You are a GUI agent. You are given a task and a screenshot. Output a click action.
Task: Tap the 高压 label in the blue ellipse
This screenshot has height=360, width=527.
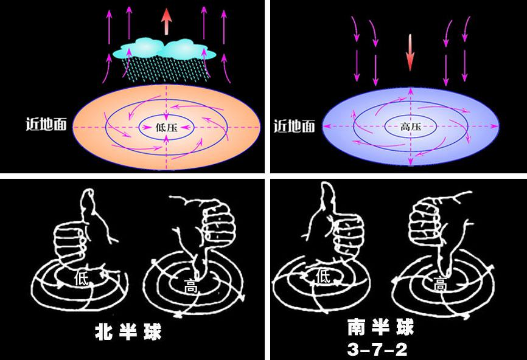tap(410, 128)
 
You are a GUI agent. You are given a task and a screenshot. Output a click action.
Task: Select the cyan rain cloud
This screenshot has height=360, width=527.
tap(161, 48)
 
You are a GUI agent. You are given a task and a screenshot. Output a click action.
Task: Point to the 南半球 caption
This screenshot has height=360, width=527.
tap(380, 328)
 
